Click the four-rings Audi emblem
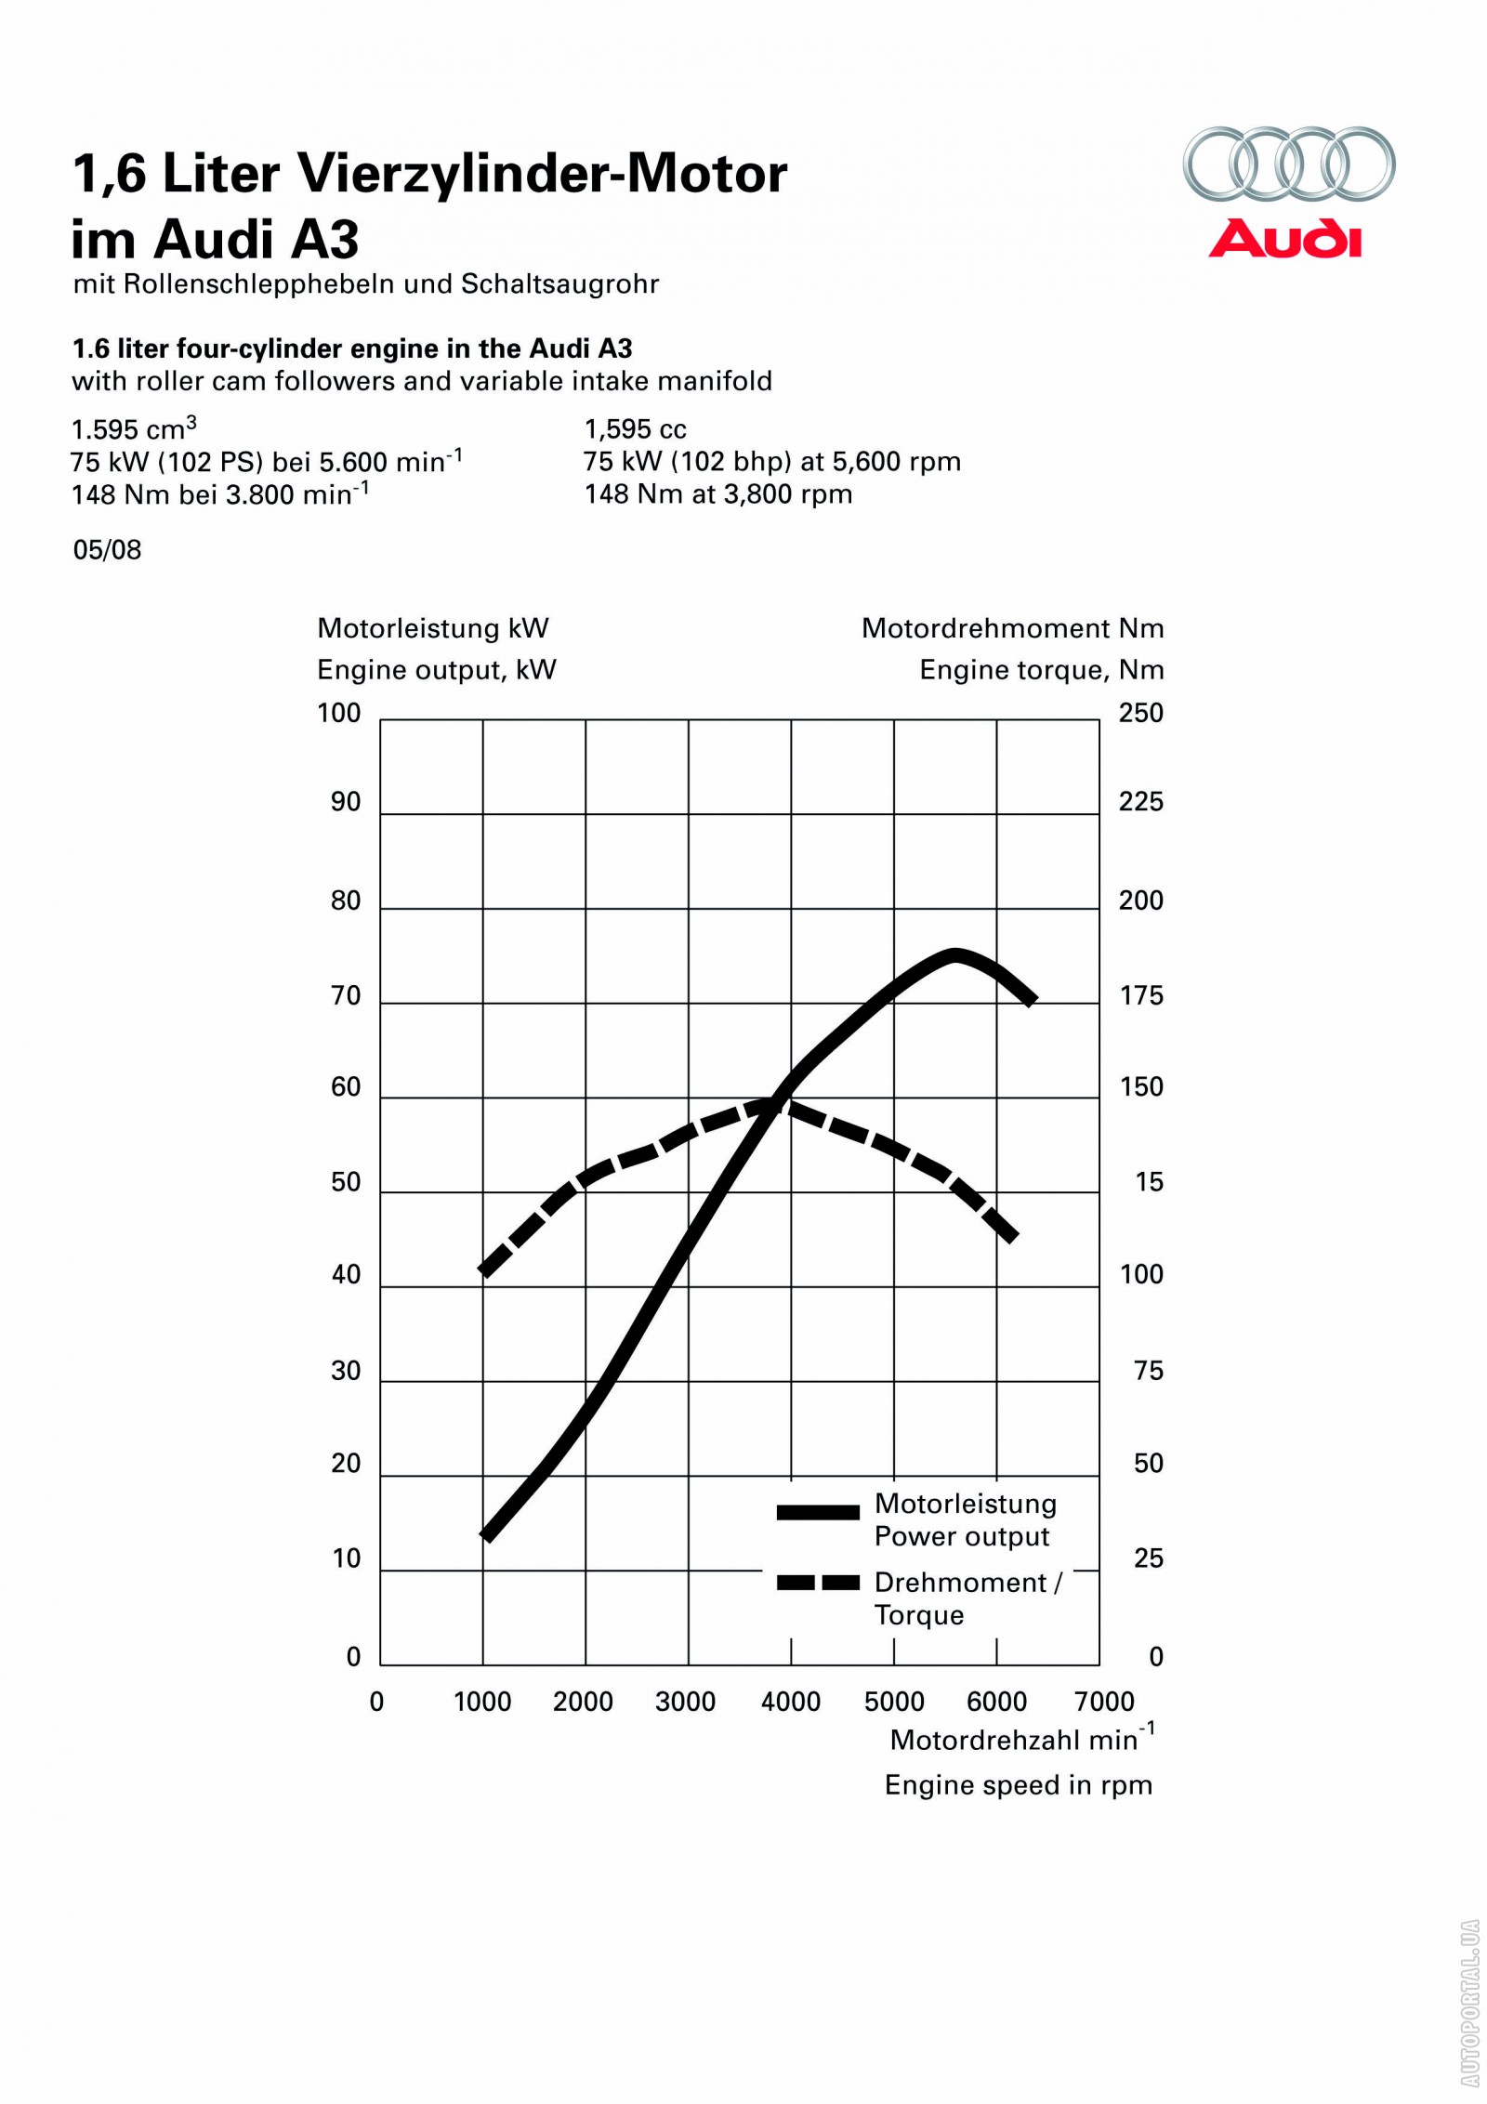coord(1288,164)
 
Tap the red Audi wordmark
coord(1285,239)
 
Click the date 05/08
coord(107,550)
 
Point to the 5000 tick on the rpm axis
coord(893,1702)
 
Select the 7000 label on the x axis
coord(1104,1702)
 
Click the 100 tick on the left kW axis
coord(338,714)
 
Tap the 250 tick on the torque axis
coord(1140,714)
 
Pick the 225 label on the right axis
coord(1140,802)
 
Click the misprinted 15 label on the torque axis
coord(1149,1182)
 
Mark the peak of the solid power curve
coord(954,955)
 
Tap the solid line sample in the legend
coord(818,1512)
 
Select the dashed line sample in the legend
coord(818,1583)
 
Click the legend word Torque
coord(918,1616)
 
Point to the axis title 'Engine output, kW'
coord(436,670)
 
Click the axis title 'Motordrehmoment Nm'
coord(1012,628)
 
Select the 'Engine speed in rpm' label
coord(1018,1785)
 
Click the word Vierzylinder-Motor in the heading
coord(542,174)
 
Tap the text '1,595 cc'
coord(635,429)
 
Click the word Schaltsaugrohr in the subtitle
coord(559,283)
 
